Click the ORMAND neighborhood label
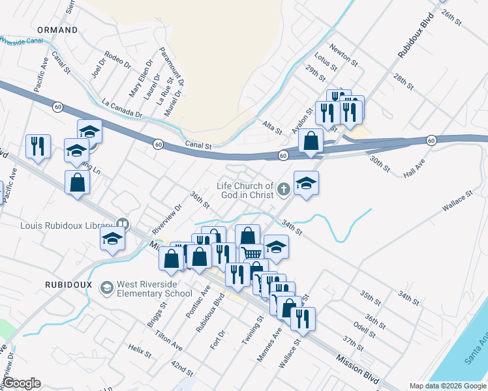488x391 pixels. pyautogui.click(x=57, y=30)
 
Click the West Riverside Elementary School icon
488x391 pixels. pyautogui.click(x=106, y=287)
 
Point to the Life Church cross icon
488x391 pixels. pyautogui.click(x=283, y=190)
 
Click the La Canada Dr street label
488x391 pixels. pyautogui.click(x=122, y=109)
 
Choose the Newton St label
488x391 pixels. pyautogui.click(x=344, y=55)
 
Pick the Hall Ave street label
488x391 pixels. pyautogui.click(x=414, y=171)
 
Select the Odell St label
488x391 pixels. pyautogui.click(x=365, y=328)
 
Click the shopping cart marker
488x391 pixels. pyautogui.click(x=252, y=253)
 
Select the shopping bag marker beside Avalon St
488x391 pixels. pyautogui.click(x=312, y=140)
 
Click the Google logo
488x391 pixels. pyautogui.click(x=22, y=383)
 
